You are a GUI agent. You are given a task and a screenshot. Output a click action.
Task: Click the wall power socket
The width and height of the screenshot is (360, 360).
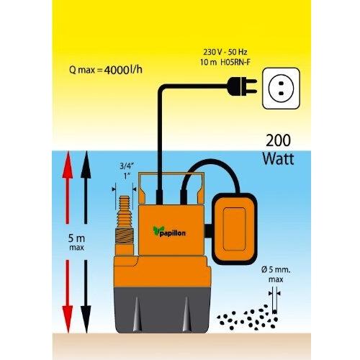281,89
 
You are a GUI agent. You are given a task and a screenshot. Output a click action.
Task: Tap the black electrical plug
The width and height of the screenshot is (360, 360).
241,86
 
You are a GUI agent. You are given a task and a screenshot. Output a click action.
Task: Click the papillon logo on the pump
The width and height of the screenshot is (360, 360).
169,232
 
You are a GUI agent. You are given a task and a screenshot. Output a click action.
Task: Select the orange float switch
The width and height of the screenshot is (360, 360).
235,230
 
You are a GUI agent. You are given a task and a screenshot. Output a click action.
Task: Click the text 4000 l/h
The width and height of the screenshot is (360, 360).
123,70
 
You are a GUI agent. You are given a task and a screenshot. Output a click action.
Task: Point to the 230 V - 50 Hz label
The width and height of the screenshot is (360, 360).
225,52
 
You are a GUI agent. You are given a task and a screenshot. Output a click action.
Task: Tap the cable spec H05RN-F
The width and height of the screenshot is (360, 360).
235,63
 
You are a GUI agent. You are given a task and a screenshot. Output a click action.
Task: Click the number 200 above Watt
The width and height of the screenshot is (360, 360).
278,140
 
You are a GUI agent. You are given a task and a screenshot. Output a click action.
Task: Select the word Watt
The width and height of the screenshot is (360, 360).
278,158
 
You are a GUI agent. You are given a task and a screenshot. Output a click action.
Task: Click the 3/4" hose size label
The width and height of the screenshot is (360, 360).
127,166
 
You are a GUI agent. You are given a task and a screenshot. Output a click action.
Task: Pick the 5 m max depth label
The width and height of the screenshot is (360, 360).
76,242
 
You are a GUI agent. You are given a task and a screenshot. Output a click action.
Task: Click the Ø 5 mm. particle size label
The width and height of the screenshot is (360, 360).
276,269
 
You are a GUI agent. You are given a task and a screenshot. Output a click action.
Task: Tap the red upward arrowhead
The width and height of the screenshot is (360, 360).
68,165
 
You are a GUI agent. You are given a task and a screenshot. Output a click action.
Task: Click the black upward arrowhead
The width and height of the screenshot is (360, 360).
86,165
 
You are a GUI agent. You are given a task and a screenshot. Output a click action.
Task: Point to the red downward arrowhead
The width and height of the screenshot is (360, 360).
68,319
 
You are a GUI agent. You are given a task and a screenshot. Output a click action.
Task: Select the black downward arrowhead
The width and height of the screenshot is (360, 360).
86,319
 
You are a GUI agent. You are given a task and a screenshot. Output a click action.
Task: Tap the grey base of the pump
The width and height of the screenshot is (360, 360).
163,310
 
